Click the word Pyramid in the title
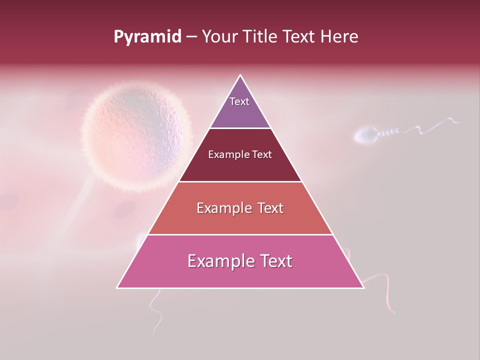click(147, 37)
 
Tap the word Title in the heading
click(263, 37)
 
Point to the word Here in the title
click(339, 37)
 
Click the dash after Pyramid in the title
click(191, 37)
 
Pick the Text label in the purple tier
click(239, 101)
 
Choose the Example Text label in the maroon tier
click(240, 154)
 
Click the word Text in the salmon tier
click(264, 208)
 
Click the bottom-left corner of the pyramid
click(117, 287)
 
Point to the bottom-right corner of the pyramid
click(363, 287)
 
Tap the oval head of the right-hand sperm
click(366, 135)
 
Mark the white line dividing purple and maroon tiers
click(240, 128)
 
